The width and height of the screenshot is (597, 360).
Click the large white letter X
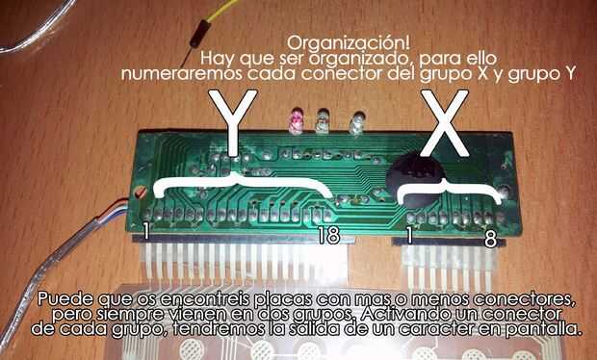click(x=444, y=122)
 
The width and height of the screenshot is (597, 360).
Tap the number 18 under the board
click(x=329, y=236)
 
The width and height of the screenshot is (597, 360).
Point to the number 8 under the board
click(x=490, y=240)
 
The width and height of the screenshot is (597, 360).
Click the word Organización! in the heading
click(x=349, y=43)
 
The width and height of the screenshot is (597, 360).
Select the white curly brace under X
click(x=450, y=190)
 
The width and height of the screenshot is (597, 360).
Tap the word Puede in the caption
click(x=65, y=299)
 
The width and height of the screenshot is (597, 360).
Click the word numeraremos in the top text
click(x=182, y=74)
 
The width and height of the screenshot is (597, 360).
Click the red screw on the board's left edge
click(x=141, y=193)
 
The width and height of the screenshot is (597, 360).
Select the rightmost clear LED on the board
click(x=357, y=122)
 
